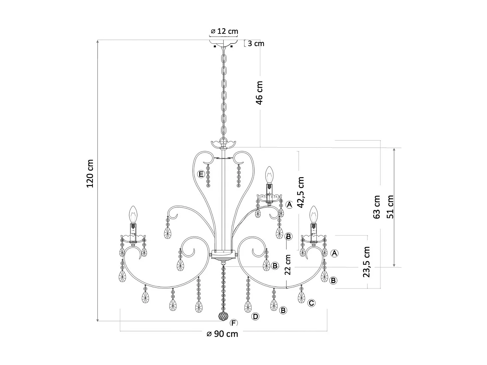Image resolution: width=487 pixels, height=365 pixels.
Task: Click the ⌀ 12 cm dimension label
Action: pyautogui.click(x=224, y=31)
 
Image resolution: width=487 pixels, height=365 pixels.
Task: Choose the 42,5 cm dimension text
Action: pyautogui.click(x=301, y=192)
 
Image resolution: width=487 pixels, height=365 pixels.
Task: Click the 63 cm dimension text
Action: pyautogui.click(x=377, y=207)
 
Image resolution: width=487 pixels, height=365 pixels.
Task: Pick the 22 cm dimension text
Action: pyautogui.click(x=288, y=264)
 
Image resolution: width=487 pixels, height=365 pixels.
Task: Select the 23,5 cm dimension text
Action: pyautogui.click(x=366, y=262)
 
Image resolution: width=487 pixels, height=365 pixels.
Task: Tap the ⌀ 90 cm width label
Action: pyautogui.click(x=222, y=334)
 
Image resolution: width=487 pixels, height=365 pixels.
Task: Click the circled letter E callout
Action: pyautogui.click(x=201, y=175)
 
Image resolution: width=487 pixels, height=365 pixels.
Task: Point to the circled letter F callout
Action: pyautogui.click(x=233, y=323)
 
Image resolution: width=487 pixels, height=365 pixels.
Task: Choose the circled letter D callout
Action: pyautogui.click(x=256, y=316)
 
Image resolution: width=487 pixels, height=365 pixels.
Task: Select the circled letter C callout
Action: pyautogui.click(x=311, y=303)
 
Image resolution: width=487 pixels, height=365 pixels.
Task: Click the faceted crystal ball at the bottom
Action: pyautogui.click(x=223, y=316)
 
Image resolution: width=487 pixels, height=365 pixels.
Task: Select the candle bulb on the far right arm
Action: pyautogui.click(x=313, y=213)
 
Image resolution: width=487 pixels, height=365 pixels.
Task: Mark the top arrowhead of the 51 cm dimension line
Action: pyautogui.click(x=394, y=150)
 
